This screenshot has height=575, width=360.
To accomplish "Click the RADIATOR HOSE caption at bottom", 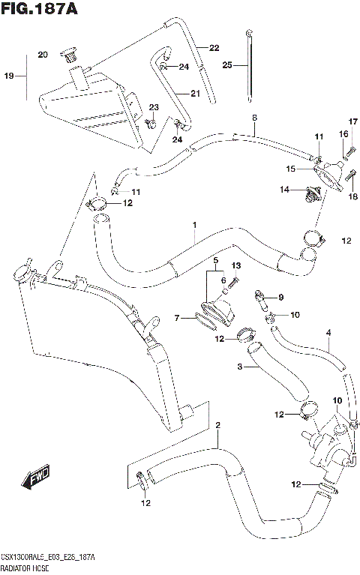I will [28, 568].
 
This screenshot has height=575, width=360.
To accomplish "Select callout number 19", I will [10, 76].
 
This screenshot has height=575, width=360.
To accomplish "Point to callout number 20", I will [42, 55].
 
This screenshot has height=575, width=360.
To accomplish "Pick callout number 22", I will [214, 48].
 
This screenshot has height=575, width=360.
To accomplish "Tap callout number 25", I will [226, 66].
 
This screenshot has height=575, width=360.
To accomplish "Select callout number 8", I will [254, 118].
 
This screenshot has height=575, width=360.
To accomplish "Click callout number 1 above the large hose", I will [193, 224].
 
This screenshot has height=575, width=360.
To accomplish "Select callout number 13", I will [235, 265].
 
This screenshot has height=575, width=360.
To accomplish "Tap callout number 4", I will [328, 332].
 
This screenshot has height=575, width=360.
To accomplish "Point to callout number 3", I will [240, 367].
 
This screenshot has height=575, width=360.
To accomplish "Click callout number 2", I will [217, 427].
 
